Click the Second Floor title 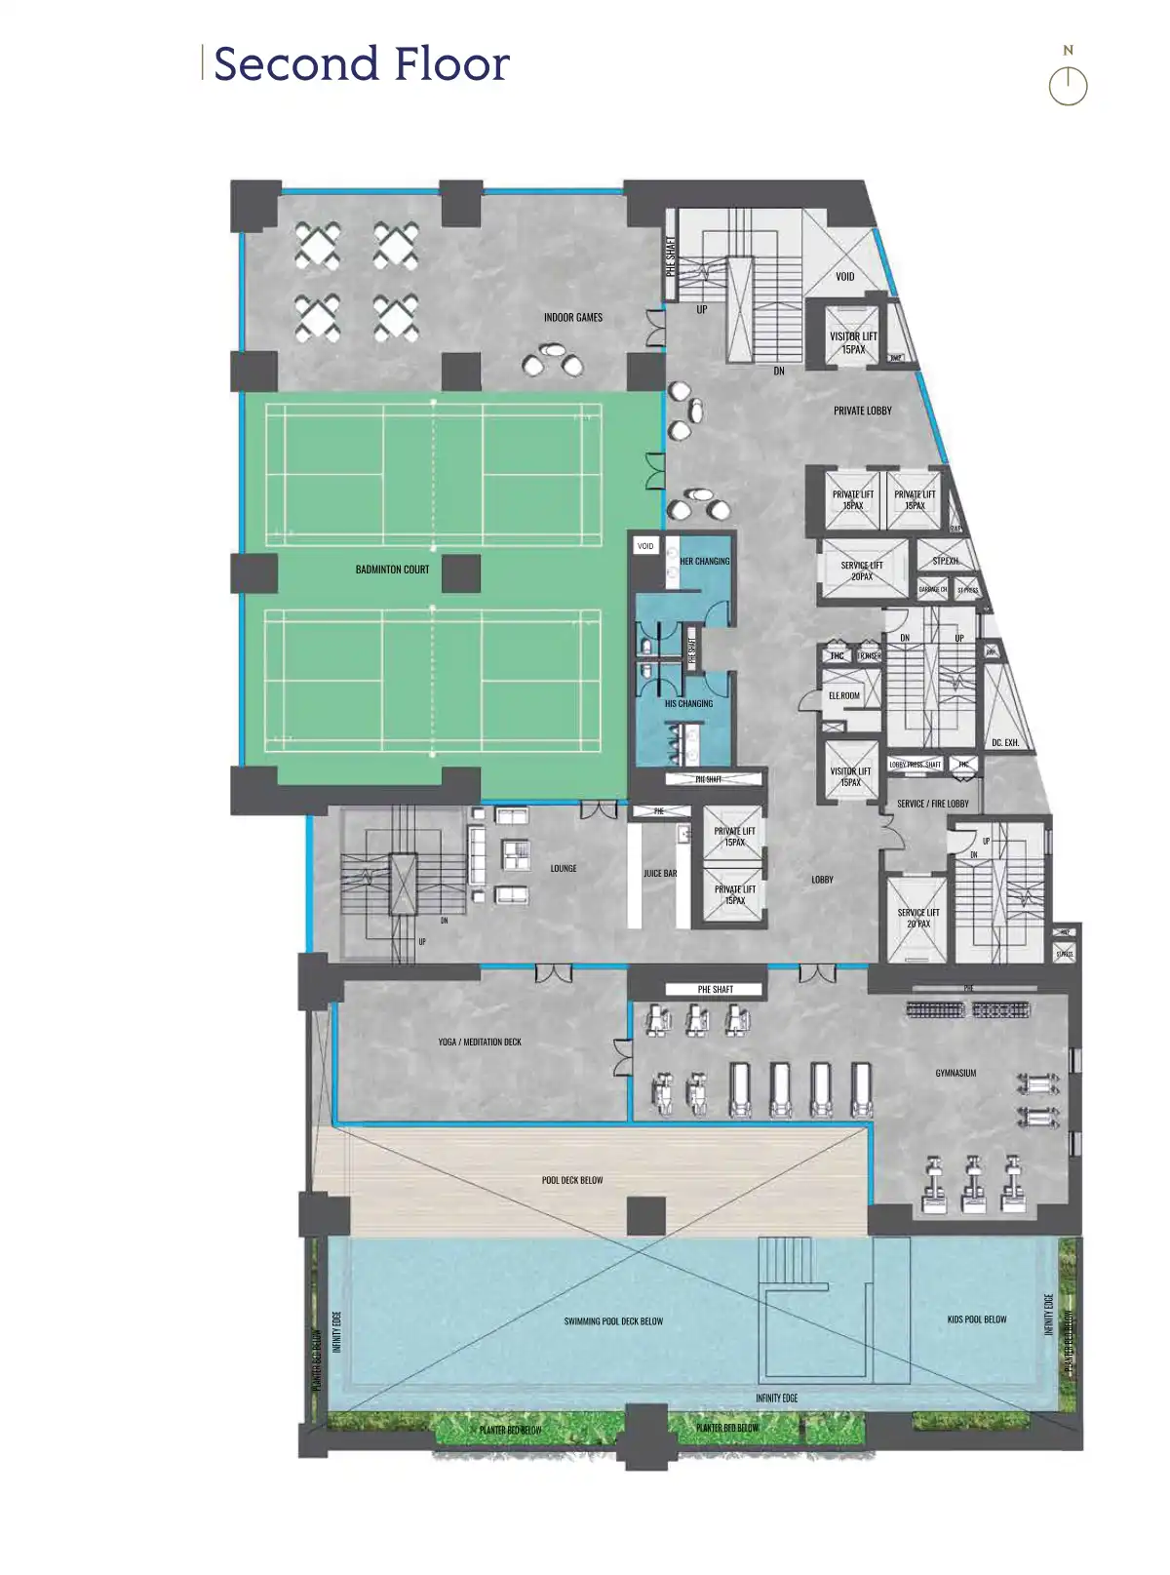click(361, 64)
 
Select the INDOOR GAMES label click(573, 318)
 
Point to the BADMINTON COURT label click(392, 570)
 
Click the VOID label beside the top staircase click(844, 277)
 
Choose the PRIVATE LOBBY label click(862, 412)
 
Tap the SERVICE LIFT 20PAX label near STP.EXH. click(862, 571)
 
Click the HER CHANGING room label click(704, 562)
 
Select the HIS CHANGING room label click(688, 703)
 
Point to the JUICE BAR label click(660, 874)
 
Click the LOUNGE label click(564, 868)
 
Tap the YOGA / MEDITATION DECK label click(480, 1043)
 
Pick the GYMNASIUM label click(955, 1073)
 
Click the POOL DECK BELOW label click(572, 1180)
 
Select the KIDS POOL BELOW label click(977, 1319)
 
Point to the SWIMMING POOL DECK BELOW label click(613, 1321)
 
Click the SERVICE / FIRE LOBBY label click(933, 804)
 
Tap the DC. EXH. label click(1005, 743)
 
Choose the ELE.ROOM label click(844, 695)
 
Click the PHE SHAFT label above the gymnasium click(716, 990)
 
